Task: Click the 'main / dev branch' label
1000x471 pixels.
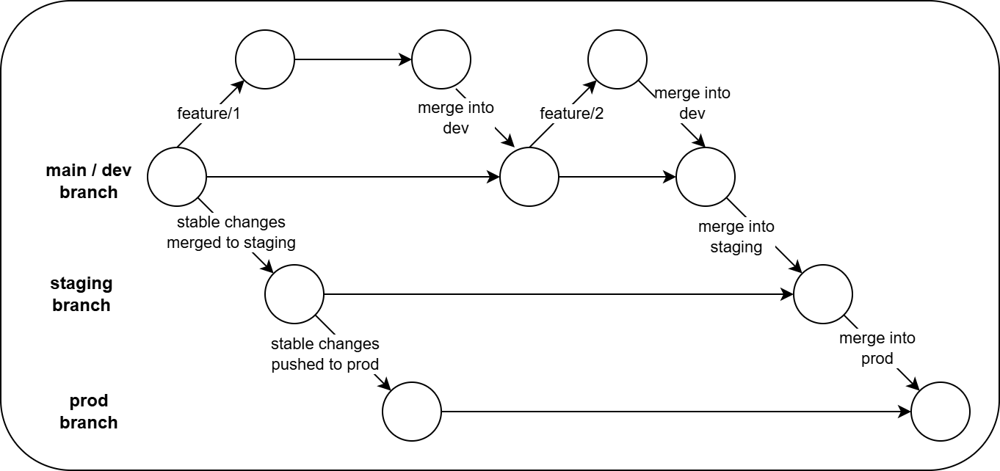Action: click(x=88, y=181)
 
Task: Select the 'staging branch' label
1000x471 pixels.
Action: click(x=81, y=294)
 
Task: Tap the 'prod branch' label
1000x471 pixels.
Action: click(x=88, y=412)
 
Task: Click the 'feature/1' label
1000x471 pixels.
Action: click(x=209, y=114)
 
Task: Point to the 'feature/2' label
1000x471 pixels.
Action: click(x=571, y=114)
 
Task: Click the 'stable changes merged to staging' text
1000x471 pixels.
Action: click(x=231, y=232)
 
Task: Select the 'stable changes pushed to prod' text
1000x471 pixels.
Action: click(x=325, y=354)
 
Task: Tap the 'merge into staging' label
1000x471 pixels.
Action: click(x=736, y=237)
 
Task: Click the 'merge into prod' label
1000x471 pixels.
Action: click(x=877, y=348)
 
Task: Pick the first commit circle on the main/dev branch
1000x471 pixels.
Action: click(x=177, y=177)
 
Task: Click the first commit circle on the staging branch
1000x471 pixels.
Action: click(x=294, y=294)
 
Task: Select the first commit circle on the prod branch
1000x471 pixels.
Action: click(x=412, y=412)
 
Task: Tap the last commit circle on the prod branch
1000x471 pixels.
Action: click(x=941, y=412)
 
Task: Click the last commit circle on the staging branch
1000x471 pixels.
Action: click(x=823, y=294)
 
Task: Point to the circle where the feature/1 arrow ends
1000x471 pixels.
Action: click(x=265, y=59)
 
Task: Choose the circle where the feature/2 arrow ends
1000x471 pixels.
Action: click(x=617, y=59)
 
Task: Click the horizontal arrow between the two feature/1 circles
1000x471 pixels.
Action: click(x=352, y=59)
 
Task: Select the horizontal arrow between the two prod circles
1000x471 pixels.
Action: click(x=675, y=412)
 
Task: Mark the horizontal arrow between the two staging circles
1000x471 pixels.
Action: click(x=558, y=294)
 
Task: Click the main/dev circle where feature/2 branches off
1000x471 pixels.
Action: click(x=529, y=177)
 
